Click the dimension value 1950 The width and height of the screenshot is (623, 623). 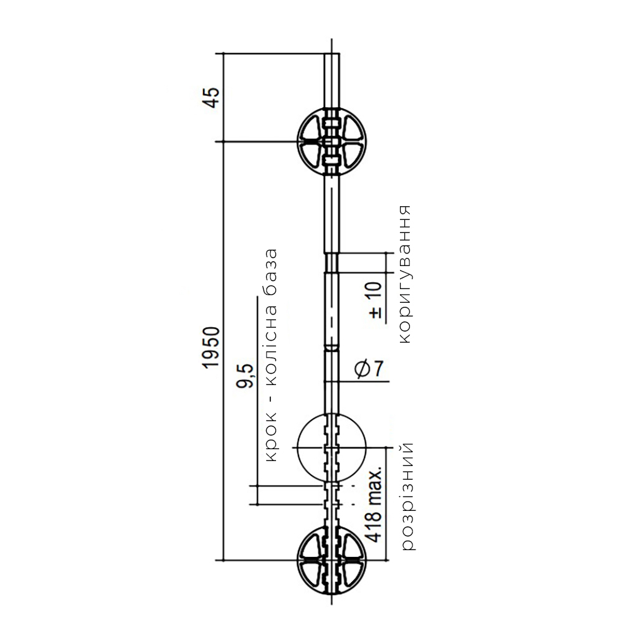tap(211, 348)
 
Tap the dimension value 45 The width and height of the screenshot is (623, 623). tap(211, 97)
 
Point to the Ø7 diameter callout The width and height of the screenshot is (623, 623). tap(369, 369)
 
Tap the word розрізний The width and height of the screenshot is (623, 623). tap(407, 497)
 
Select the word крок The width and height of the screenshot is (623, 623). tap(270, 437)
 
